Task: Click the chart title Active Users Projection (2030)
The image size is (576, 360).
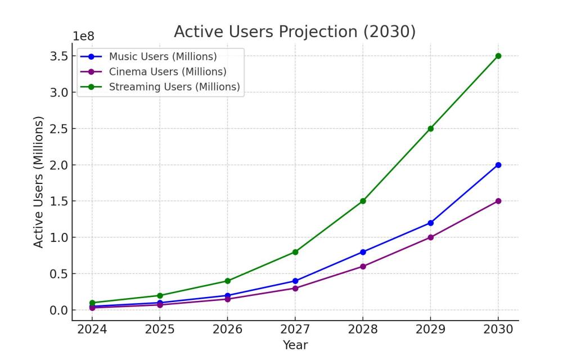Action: tap(295, 31)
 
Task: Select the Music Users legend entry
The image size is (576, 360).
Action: tap(163, 57)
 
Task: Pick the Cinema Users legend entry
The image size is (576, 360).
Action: tap(168, 72)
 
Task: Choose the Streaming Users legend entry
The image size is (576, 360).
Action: tap(174, 87)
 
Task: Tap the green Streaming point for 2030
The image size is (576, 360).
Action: tap(498, 56)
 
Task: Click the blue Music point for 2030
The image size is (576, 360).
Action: tap(498, 165)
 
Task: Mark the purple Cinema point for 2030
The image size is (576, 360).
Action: tap(498, 201)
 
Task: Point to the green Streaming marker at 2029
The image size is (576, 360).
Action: tap(430, 128)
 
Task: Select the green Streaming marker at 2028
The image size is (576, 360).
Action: tap(363, 201)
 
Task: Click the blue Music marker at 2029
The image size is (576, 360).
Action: tap(430, 223)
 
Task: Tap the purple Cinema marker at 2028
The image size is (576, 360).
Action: tap(363, 266)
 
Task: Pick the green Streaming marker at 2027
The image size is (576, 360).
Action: tap(295, 252)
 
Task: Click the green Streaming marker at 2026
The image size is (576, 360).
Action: tap(227, 281)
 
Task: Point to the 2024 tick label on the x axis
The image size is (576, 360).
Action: tap(92, 330)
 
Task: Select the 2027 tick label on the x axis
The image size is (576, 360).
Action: tap(295, 330)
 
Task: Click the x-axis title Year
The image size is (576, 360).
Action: tap(295, 345)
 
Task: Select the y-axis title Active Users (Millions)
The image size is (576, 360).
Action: tap(38, 182)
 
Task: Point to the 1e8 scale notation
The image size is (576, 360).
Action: tap(84, 37)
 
